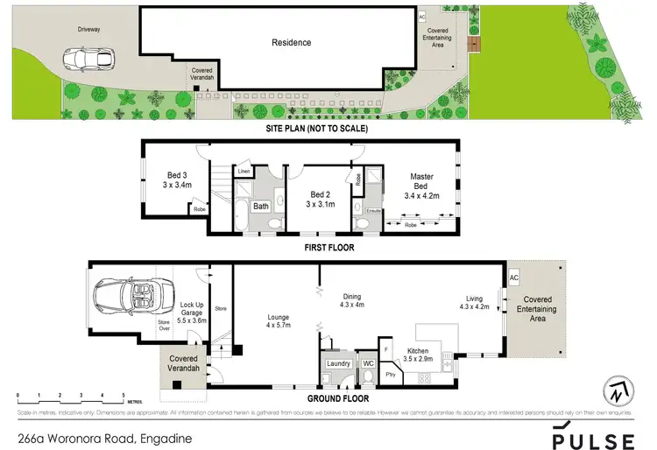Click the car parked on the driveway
coord(88,60)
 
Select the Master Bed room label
coord(421,182)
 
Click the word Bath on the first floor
coord(261,207)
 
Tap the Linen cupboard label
coord(243,172)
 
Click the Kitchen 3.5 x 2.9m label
coord(420,355)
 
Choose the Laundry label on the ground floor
coord(337,363)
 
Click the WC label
coord(369,363)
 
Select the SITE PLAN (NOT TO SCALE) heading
coord(317,129)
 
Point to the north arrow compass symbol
coord(618,391)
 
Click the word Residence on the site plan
coord(291,42)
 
